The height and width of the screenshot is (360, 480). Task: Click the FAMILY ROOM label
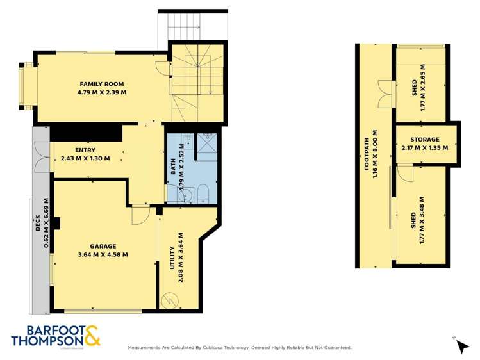point(101,84)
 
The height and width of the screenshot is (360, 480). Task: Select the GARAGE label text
point(103,246)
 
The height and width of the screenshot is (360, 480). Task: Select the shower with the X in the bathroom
point(207,146)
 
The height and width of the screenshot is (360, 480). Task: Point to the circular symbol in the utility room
point(171,299)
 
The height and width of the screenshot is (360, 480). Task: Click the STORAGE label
point(425,139)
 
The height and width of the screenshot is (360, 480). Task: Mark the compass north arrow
point(461,345)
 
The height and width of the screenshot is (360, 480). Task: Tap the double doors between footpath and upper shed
point(385,94)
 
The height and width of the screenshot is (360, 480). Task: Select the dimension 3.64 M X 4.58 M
point(103,254)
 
